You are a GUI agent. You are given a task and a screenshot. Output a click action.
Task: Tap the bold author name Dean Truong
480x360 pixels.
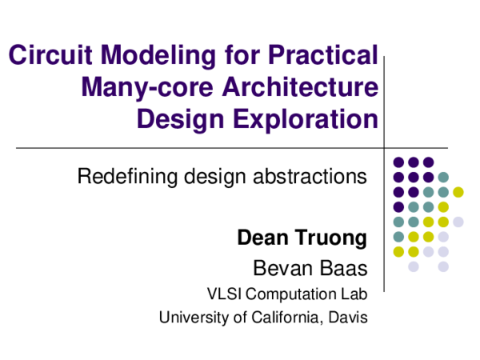tap(302, 238)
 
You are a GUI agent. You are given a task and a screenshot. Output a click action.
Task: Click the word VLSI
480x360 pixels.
tap(223, 293)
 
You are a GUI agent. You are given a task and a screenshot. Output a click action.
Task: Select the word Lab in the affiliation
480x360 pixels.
tap(354, 293)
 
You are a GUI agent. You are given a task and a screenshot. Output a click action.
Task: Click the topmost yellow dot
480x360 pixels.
tap(458, 192)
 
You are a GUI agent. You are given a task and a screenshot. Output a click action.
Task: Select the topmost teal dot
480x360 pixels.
tap(443, 177)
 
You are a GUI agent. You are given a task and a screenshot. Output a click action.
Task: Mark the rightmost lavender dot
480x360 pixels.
tap(458, 222)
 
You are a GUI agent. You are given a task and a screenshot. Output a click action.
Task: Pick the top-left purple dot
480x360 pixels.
tap(398, 162)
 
